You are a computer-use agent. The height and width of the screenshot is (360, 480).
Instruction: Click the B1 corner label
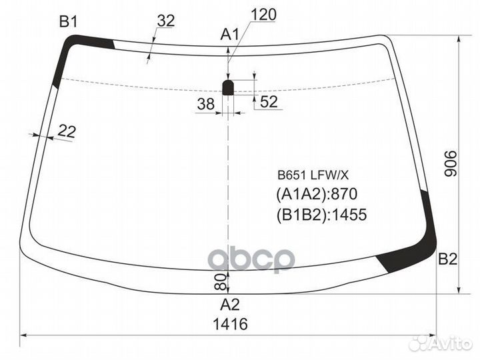click(x=69, y=22)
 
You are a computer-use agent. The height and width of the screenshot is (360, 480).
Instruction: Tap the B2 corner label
click(x=447, y=259)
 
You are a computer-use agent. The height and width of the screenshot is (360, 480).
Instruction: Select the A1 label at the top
click(x=229, y=35)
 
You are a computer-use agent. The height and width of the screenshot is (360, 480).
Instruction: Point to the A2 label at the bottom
click(x=230, y=305)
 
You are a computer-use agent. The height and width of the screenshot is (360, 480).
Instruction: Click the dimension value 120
click(x=263, y=15)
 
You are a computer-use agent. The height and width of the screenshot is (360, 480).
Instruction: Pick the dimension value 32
click(x=166, y=21)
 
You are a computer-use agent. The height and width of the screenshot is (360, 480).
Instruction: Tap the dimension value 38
click(x=206, y=104)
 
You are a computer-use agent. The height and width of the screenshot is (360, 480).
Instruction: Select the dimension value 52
click(x=269, y=101)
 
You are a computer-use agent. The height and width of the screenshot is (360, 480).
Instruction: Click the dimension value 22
click(x=67, y=131)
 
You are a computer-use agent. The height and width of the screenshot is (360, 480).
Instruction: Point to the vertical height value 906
click(x=450, y=163)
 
